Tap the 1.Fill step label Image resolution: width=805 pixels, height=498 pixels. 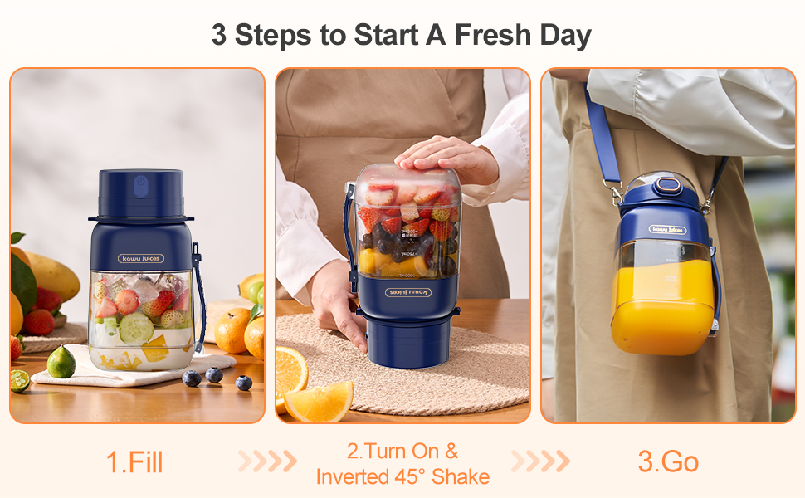(x=134, y=462)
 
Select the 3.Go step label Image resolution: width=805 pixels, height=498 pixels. (x=669, y=462)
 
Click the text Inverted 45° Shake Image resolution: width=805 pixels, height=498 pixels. (x=402, y=477)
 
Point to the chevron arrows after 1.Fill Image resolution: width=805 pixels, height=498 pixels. (x=267, y=461)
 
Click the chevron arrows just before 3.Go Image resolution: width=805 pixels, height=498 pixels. (x=539, y=461)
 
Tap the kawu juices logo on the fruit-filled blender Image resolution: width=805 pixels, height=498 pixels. (x=140, y=257)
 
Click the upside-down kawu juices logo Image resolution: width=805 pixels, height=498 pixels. (x=407, y=292)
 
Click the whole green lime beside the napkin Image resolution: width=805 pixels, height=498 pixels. (x=61, y=364)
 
